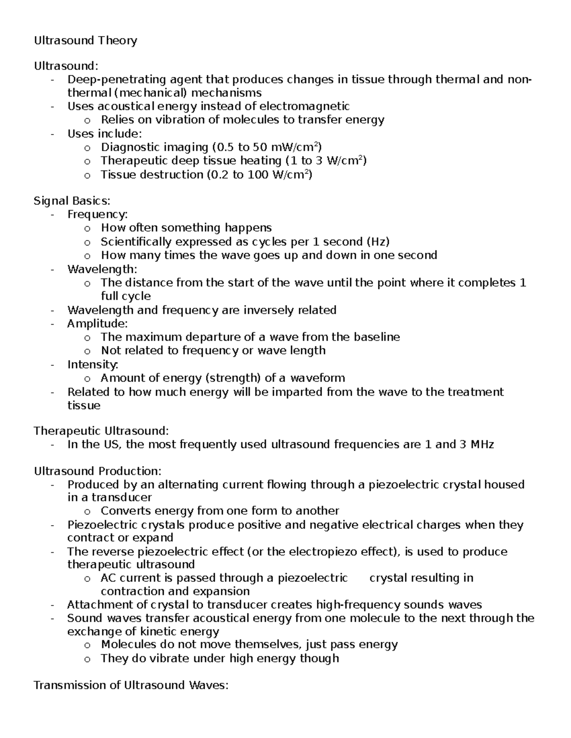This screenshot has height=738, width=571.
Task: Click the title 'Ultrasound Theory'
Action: (x=85, y=40)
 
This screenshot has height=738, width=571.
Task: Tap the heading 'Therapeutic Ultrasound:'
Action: (x=101, y=431)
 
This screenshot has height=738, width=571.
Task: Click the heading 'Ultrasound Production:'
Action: (x=98, y=471)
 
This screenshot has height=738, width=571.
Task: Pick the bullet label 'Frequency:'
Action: (x=98, y=214)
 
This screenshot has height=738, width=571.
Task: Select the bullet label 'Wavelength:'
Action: (x=102, y=269)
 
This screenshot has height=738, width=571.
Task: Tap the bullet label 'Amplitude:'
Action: (x=98, y=324)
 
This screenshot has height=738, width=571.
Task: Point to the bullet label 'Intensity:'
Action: (x=92, y=364)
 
